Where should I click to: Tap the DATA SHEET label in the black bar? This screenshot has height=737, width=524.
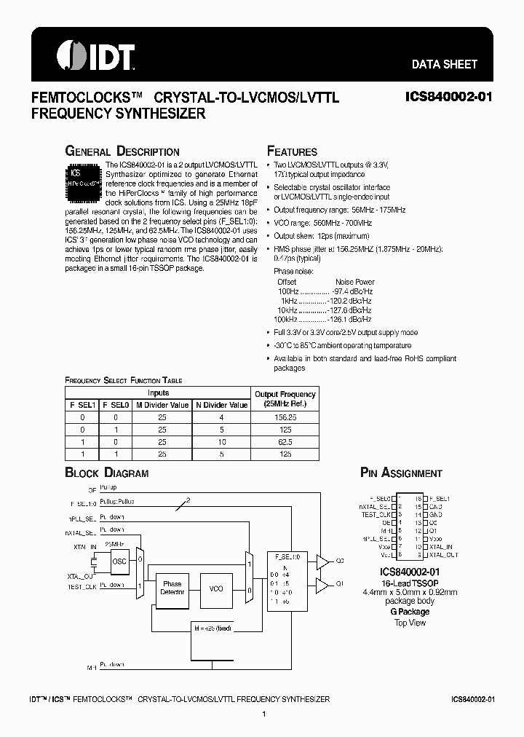[445, 64]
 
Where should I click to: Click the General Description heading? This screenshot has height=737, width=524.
[122, 151]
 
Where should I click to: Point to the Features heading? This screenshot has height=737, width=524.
[293, 151]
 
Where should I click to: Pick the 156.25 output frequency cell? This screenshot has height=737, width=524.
[285, 417]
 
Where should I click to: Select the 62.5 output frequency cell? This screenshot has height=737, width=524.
[285, 442]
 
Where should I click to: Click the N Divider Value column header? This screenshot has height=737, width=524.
[222, 405]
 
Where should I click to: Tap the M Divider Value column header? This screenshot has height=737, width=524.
[162, 405]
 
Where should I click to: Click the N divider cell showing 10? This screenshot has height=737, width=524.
[222, 442]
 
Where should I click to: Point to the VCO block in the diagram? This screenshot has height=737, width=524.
[216, 588]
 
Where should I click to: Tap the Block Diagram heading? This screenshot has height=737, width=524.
[107, 473]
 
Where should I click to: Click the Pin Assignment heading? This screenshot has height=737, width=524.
[401, 473]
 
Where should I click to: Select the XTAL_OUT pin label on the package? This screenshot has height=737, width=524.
[444, 555]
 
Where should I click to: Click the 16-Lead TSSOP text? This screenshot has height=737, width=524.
[410, 583]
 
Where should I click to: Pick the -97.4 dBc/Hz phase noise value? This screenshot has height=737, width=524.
[352, 291]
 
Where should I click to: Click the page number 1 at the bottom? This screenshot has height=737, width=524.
[263, 715]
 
